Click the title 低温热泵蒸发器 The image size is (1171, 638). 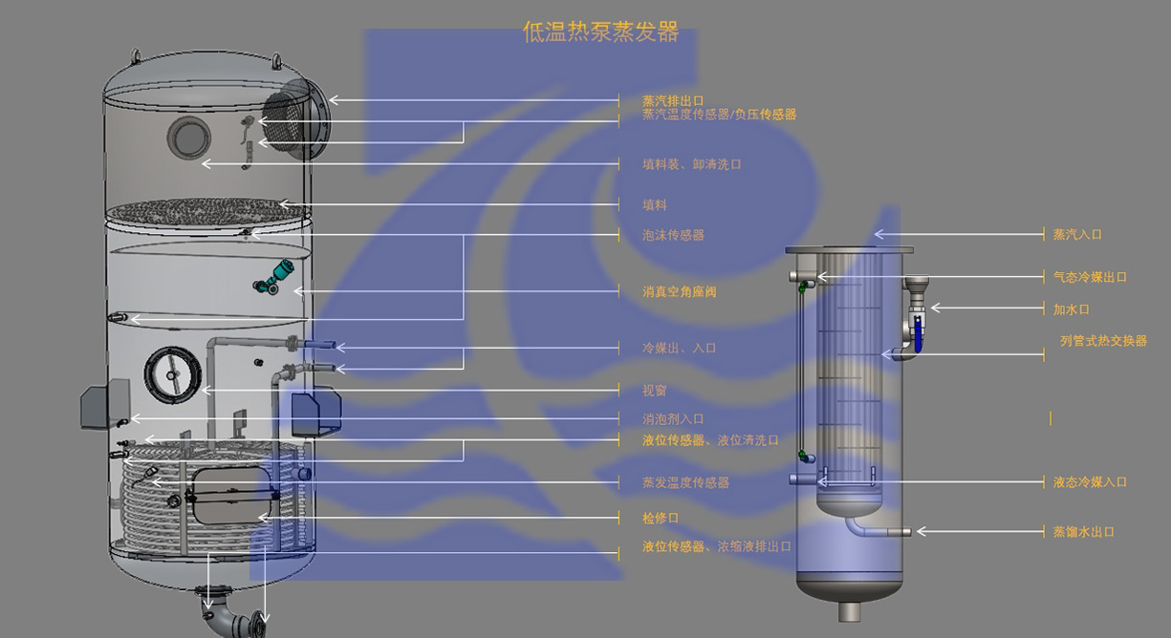pos(600,32)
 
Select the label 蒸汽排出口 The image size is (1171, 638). pos(673,100)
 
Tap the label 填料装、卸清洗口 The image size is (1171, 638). pos(692,164)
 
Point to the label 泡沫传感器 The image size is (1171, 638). pos(673,235)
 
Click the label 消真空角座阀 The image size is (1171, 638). pos(680,291)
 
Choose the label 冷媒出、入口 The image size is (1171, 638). pos(680,348)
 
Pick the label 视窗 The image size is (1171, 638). pos(655,391)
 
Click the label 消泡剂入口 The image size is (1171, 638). pos(673,418)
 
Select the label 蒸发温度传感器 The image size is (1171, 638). pos(685,482)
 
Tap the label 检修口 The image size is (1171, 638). pos(661,518)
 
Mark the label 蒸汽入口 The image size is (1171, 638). pos(1077,234)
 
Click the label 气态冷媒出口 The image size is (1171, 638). pos(1090,277)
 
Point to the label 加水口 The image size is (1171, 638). pos(1072,308)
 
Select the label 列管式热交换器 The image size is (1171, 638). pos(1103,341)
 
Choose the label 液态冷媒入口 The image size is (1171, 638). pos(1090,482)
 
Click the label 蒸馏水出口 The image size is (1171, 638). pos(1084,531)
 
